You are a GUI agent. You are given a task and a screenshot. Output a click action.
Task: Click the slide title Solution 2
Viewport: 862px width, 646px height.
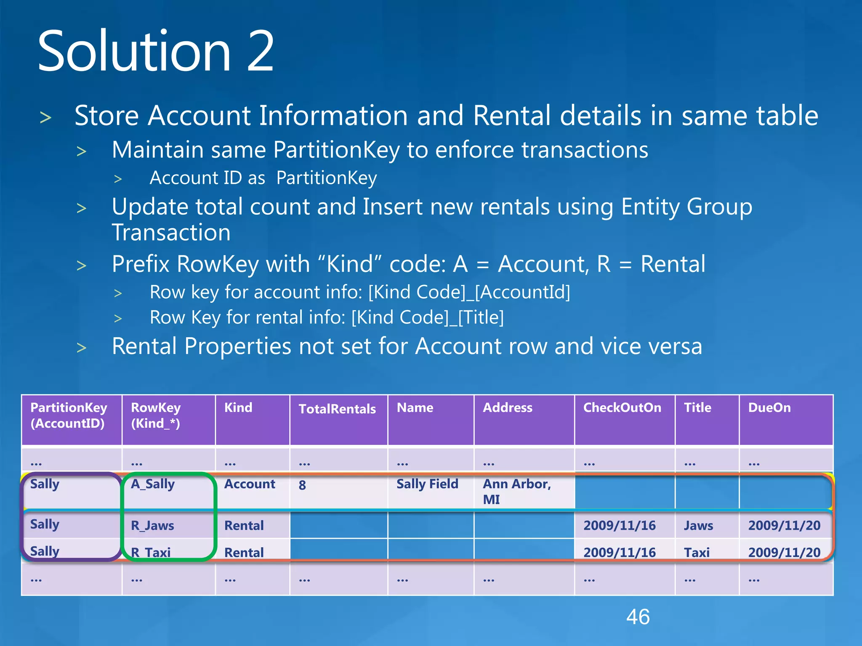click(156, 51)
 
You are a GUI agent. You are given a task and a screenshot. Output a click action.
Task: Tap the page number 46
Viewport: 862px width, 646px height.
click(638, 617)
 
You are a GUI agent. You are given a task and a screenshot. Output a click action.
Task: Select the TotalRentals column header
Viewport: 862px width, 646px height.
click(337, 409)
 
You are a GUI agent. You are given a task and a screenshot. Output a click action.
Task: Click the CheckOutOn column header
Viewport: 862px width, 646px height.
click(622, 408)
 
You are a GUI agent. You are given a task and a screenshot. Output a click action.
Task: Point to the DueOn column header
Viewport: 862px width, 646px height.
click(769, 408)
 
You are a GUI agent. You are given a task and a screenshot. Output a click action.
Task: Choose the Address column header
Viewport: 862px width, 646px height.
click(507, 408)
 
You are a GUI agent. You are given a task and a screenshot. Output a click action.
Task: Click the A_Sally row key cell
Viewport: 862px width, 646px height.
click(152, 484)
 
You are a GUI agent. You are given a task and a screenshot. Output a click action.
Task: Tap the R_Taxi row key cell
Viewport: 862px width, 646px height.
click(151, 552)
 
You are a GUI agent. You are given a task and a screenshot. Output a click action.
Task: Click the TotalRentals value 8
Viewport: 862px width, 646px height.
click(302, 485)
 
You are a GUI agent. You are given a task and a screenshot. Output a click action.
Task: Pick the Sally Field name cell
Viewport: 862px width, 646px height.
click(427, 484)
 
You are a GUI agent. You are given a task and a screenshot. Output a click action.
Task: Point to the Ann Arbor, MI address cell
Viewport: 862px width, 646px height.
click(516, 492)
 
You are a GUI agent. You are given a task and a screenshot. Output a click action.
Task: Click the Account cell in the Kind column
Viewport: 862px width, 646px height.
click(250, 484)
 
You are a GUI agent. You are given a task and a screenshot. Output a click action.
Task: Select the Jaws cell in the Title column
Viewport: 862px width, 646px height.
click(698, 525)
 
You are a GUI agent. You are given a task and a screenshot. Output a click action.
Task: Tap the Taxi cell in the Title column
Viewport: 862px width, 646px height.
click(697, 552)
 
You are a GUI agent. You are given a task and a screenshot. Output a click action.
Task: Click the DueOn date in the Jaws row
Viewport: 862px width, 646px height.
click(784, 525)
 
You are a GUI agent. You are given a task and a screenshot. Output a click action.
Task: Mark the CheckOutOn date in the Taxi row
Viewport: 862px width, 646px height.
click(619, 552)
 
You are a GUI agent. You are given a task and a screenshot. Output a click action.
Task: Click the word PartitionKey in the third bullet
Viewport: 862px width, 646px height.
click(327, 178)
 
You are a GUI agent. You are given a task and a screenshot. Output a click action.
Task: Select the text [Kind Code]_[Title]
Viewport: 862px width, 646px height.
click(427, 318)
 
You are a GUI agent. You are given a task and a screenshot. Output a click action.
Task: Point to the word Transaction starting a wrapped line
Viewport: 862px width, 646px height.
click(171, 233)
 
